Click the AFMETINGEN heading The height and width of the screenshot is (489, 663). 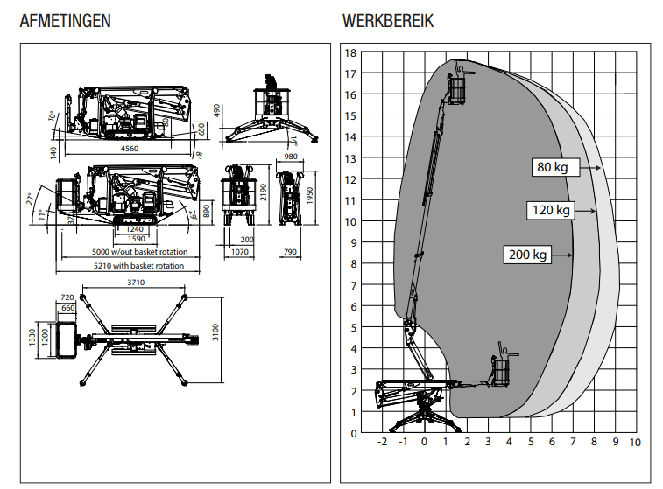65,21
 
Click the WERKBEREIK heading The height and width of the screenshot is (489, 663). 388,21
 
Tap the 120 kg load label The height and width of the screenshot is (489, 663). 550,210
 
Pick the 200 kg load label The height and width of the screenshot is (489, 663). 527,255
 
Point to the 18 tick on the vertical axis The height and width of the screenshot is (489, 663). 350,52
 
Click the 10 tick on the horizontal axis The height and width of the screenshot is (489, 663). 635,443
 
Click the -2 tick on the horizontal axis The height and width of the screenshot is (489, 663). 382,443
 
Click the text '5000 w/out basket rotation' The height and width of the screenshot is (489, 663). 139,252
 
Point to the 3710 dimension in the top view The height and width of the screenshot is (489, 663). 137,283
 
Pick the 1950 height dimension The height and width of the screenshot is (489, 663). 309,194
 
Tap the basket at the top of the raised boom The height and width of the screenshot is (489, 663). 457,89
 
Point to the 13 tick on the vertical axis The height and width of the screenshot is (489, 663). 350,158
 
